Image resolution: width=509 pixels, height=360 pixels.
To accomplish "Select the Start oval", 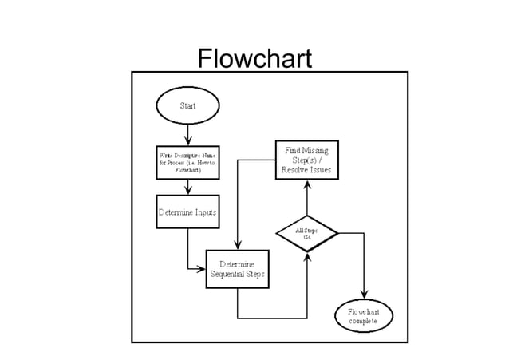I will point(187,105).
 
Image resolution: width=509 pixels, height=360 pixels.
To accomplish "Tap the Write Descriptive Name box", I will point(187,163).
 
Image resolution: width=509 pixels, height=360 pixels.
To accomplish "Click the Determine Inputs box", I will point(187,212).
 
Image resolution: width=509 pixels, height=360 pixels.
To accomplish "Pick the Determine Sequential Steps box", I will point(238,269).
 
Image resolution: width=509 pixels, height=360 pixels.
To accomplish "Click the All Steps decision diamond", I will point(307,233).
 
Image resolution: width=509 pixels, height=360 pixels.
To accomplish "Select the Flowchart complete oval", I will point(365,315).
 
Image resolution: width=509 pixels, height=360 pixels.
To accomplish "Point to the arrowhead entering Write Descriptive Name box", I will point(187,140).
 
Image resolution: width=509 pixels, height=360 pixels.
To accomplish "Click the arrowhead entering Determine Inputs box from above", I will point(187,190).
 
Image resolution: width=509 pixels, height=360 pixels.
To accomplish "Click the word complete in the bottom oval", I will point(365,321).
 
